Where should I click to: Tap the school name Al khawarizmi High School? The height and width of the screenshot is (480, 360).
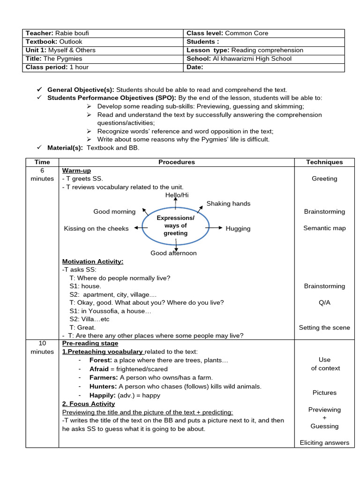[252, 59]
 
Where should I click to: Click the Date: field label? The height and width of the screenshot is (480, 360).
[195, 67]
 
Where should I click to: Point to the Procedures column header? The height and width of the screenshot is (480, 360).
[176, 162]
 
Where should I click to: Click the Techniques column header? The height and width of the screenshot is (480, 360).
[324, 162]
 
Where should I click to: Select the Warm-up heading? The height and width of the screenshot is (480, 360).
[76, 171]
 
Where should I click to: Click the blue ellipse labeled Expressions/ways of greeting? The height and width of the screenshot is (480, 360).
[175, 226]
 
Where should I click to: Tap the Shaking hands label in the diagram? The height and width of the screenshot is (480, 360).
[228, 203]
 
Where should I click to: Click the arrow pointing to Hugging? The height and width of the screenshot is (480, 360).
[214, 228]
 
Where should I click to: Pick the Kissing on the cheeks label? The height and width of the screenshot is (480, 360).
[96, 228]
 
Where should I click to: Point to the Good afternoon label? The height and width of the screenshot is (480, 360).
[173, 253]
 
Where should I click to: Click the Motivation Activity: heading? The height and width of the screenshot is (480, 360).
[93, 261]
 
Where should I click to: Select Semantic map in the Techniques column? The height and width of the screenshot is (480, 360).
[324, 228]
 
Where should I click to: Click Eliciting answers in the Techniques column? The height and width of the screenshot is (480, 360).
[324, 442]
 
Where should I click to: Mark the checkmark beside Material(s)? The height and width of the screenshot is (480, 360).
[39, 148]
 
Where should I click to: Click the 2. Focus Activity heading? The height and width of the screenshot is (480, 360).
[89, 404]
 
